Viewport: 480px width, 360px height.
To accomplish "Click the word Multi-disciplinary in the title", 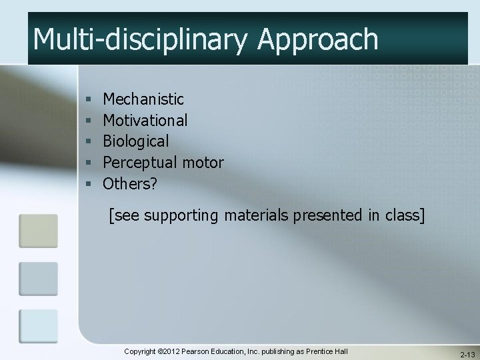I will (x=137, y=39).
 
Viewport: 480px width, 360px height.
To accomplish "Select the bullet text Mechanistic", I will (x=143, y=99).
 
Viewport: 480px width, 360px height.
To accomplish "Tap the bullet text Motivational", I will (x=145, y=120).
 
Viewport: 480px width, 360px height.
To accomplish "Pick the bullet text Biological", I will (x=136, y=141).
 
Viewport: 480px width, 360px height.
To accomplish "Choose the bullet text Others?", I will (x=130, y=183).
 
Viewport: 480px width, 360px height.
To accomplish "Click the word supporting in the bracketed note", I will (x=175, y=216).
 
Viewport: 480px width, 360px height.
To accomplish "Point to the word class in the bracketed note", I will (x=403, y=215).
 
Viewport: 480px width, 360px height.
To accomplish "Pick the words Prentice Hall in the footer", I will (x=327, y=351).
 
